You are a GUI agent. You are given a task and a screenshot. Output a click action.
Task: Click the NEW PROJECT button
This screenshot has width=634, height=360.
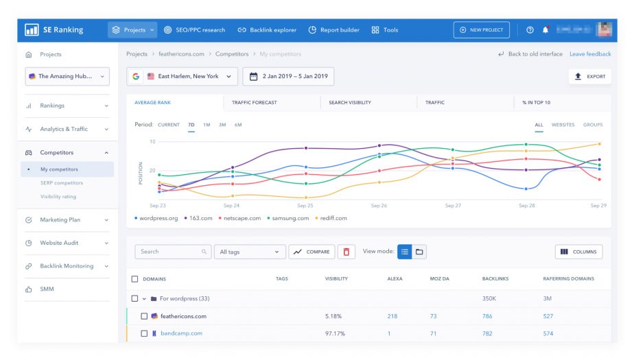point(482,30)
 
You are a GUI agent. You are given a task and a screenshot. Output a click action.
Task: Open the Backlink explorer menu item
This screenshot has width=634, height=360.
point(267,30)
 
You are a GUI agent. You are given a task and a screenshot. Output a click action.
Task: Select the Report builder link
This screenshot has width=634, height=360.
point(334,30)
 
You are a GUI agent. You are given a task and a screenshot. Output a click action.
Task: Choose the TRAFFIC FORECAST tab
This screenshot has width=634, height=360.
point(255,102)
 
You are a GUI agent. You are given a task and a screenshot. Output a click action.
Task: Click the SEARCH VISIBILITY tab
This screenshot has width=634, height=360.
point(350,102)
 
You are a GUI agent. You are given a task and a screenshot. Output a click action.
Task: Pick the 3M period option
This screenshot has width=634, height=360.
point(222,125)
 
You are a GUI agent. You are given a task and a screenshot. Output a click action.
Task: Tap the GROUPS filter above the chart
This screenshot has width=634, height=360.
point(593,125)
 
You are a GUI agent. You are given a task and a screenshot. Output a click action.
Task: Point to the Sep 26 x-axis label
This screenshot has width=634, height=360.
point(379,206)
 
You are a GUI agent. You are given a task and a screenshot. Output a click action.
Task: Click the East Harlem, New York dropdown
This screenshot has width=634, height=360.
point(183,76)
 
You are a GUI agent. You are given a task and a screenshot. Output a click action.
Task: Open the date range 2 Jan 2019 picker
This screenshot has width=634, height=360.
point(289,76)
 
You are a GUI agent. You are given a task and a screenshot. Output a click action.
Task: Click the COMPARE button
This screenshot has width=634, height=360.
point(312,252)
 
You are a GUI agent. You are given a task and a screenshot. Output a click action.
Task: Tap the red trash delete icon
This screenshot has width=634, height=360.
point(346,252)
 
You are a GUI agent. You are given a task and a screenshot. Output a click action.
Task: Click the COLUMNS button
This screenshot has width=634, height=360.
point(578,252)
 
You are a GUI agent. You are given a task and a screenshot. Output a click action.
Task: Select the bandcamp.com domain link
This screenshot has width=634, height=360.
point(181,333)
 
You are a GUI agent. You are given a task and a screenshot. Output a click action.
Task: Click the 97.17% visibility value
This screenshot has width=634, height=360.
point(336,333)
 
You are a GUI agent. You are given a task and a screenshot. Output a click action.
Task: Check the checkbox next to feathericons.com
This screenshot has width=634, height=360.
point(144,316)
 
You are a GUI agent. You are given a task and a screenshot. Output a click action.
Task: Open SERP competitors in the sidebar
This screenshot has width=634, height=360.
point(62,183)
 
